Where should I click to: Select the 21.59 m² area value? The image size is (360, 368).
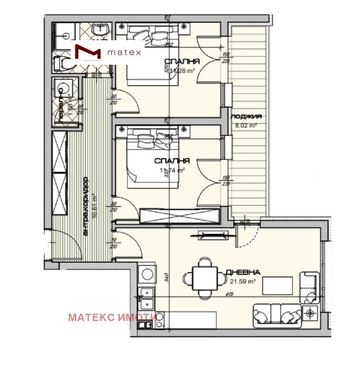(242, 281)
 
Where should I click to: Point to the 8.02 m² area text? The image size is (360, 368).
(246, 125)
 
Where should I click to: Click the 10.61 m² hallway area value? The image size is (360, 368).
(94, 206)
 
